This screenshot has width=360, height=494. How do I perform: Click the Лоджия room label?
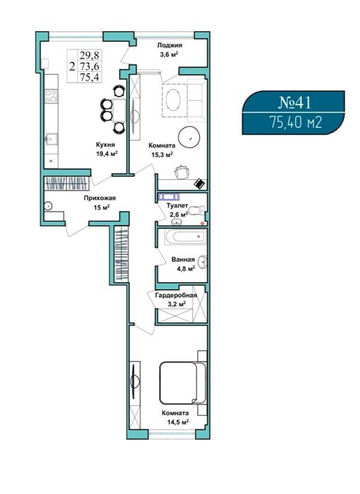169,45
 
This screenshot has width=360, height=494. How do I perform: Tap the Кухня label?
105,145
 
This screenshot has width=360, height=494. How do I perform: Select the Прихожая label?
100,198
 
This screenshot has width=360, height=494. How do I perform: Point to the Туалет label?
177,205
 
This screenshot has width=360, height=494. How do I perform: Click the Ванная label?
183,260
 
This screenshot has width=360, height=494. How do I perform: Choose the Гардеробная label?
176,295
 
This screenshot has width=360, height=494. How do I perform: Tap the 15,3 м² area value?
162,155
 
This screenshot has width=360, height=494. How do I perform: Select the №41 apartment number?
295,102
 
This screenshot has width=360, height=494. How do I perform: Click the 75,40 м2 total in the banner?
295,122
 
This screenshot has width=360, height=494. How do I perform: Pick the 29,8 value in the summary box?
89,56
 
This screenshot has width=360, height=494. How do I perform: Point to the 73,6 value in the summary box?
89,66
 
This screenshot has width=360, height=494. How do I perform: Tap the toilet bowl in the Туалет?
197,210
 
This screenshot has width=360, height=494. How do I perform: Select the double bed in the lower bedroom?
183,382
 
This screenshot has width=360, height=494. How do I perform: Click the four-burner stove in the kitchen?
51,96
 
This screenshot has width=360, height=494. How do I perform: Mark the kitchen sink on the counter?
51,139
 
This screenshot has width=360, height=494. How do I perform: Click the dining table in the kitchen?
119,109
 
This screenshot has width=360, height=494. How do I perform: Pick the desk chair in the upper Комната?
182,171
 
